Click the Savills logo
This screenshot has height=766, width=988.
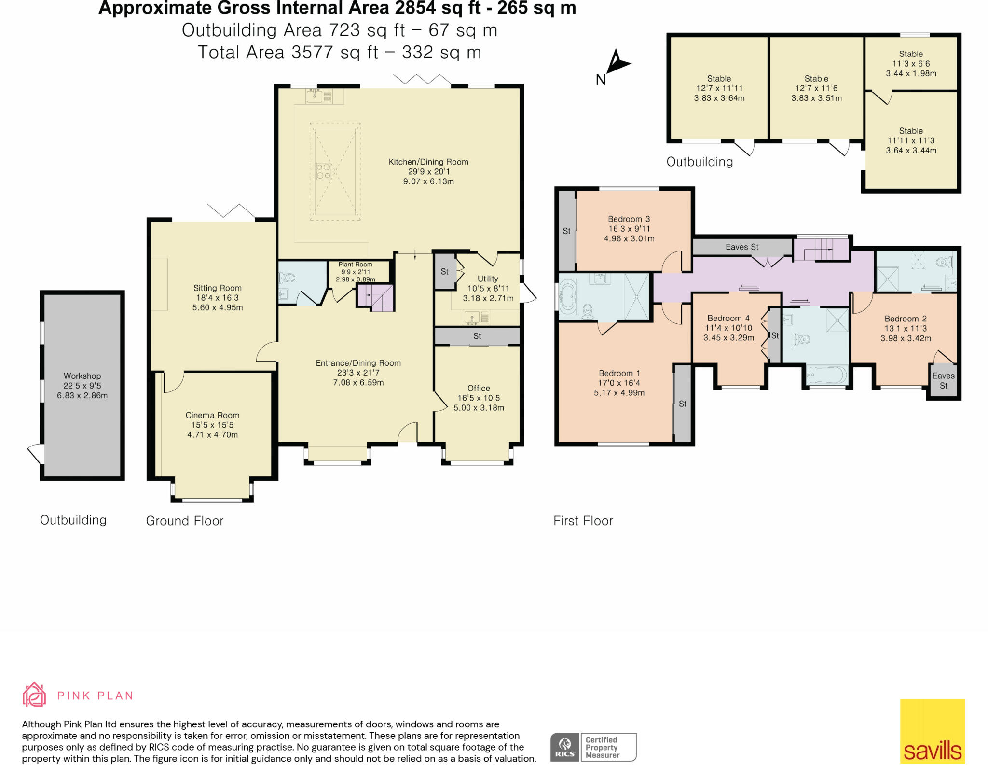[x=932, y=731]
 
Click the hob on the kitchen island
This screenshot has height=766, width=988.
[x=323, y=171]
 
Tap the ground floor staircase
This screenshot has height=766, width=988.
[x=375, y=297]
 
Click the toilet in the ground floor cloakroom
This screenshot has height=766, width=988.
[x=288, y=278]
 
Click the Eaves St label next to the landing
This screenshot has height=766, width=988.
[x=742, y=247]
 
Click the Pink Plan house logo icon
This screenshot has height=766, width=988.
[x=34, y=695]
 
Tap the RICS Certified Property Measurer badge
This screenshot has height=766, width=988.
[x=593, y=747]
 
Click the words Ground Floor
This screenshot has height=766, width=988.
[x=185, y=521]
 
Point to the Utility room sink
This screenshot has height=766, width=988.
[x=471, y=317]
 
